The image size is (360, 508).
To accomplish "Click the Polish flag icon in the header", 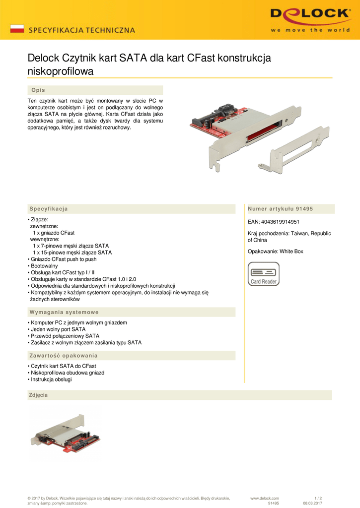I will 17,28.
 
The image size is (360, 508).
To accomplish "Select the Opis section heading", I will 38,90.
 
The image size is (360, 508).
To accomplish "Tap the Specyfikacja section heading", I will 49,209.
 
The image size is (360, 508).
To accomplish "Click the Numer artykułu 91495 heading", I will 280,209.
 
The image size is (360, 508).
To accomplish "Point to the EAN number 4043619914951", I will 274,222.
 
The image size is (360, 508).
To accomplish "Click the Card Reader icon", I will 264,274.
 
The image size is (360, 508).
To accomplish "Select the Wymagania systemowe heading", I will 64,312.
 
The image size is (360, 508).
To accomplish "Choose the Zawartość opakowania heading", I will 64,356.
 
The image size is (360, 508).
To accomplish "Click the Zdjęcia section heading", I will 39,395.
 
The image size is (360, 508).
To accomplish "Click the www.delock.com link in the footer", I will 265,498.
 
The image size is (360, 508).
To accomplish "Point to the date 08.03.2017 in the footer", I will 312,504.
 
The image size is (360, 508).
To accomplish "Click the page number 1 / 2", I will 318,498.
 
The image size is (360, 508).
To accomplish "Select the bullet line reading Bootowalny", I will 44,266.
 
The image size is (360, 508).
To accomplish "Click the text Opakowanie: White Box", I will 275,252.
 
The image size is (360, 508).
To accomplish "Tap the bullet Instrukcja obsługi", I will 51,380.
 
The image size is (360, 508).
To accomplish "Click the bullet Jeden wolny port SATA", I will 58,329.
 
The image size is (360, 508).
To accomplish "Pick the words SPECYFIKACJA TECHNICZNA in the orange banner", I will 81,30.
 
